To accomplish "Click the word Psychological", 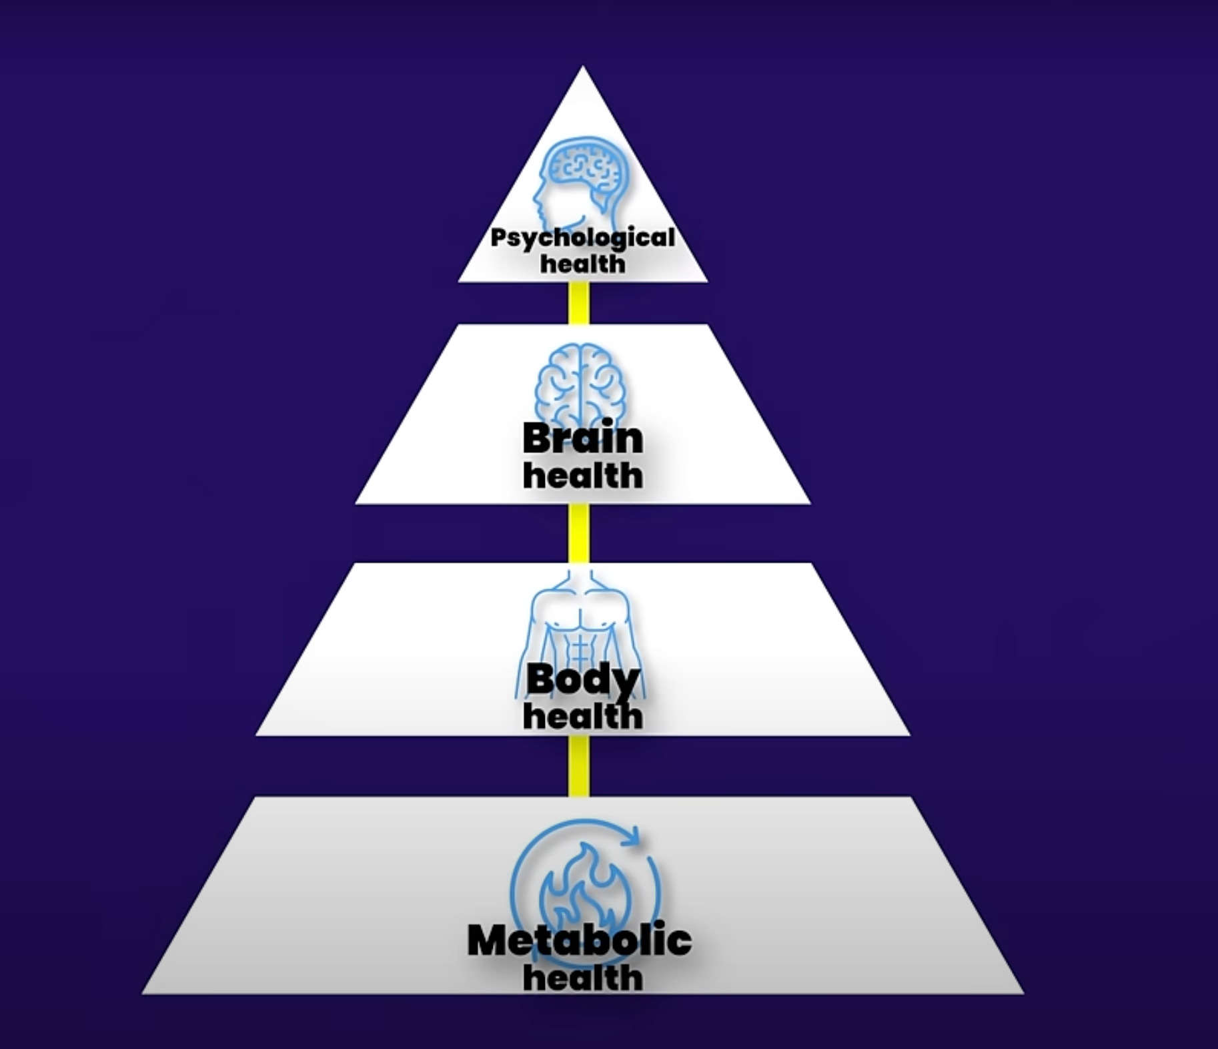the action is coord(582,238).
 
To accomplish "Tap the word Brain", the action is coord(582,439).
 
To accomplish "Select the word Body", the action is coord(582,680).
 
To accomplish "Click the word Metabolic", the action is coord(579,940).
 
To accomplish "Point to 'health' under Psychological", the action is coord(582,264).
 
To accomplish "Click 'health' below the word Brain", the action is coord(582,476).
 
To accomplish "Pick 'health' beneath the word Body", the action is coord(582,716).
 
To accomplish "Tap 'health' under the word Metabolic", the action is coord(582,978).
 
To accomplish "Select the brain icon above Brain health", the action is coord(580,384).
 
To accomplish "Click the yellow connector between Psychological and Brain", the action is coord(578,303).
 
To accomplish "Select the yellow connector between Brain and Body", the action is coord(578,533).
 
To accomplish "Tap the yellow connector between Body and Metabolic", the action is coord(578,766).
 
